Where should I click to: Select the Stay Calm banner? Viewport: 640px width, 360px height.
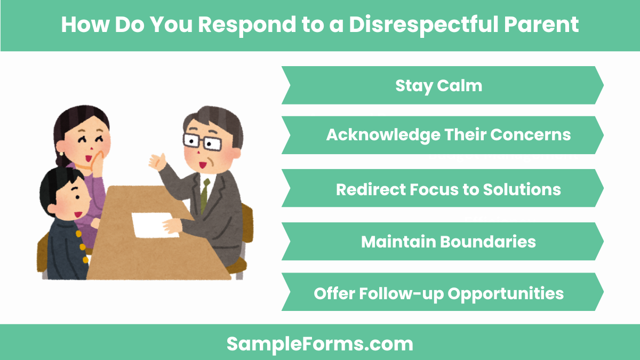442,85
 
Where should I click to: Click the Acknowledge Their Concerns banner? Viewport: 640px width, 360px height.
442,135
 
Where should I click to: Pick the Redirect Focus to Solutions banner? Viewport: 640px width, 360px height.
442,189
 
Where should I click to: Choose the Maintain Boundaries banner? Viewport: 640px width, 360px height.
442,242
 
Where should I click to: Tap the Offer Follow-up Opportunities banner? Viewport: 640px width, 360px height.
442,293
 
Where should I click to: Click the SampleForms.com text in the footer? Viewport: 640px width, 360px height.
320,343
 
